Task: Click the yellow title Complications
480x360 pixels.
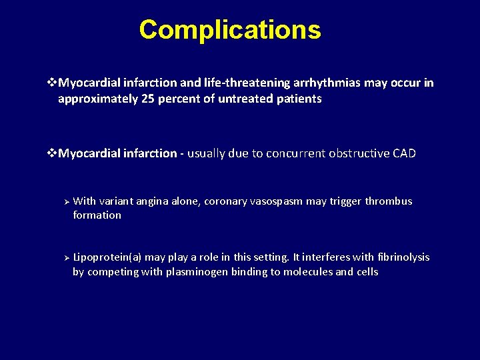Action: (230, 30)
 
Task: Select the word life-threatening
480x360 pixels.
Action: (241, 83)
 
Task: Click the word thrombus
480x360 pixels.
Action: (388, 201)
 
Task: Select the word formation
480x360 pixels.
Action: (97, 215)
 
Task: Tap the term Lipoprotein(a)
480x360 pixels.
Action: (107, 257)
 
